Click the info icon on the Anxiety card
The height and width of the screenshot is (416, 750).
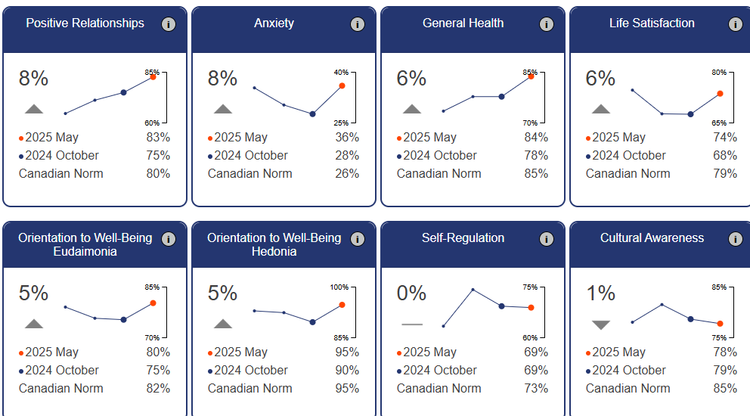358,24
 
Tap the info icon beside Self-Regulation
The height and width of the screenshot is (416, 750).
547,239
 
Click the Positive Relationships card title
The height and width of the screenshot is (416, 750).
85,23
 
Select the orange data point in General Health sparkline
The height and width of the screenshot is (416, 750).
531,76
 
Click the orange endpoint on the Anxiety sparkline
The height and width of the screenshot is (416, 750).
342,86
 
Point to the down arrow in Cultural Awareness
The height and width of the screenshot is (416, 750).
601,324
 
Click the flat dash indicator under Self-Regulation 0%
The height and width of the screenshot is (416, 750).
412,324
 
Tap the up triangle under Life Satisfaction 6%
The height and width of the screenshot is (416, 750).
601,109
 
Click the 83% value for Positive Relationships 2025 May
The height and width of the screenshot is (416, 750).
158,138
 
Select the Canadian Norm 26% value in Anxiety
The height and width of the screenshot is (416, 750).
347,174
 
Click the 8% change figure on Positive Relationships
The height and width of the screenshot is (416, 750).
33,79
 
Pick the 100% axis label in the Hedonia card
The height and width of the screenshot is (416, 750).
339,287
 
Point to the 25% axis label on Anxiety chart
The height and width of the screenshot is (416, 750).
340,123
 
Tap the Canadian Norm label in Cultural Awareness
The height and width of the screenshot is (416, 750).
628,389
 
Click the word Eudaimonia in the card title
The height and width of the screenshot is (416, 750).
85,251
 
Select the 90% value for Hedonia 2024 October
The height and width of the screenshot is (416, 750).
347,371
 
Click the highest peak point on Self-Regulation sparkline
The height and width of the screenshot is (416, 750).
473,290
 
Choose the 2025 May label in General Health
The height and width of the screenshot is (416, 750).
429,138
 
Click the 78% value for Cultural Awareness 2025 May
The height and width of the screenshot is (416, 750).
725,352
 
